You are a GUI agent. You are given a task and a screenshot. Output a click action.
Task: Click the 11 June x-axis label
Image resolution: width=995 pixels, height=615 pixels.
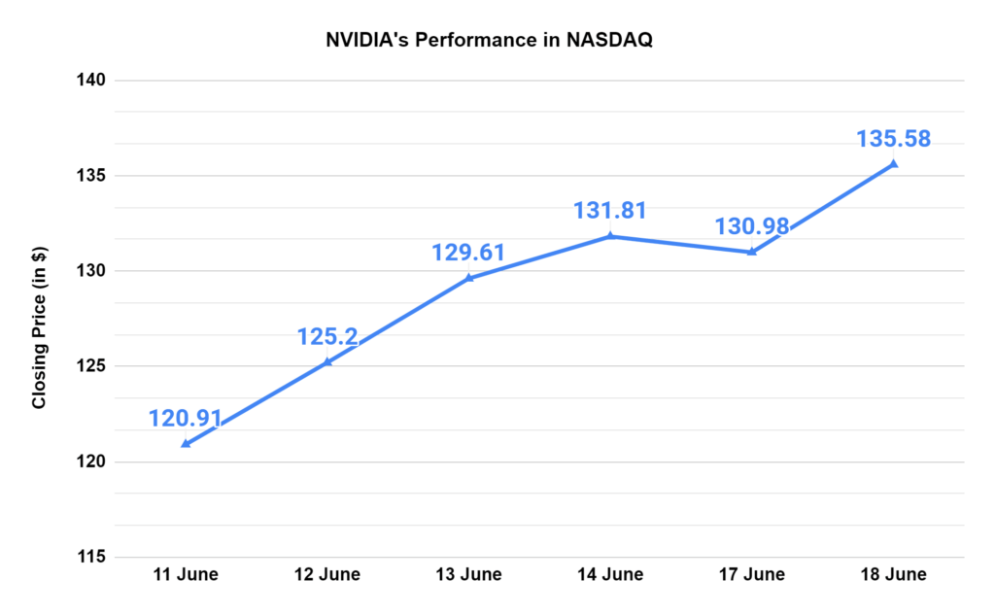click(185, 574)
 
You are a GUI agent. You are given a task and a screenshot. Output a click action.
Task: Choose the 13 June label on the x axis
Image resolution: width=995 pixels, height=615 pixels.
click(468, 574)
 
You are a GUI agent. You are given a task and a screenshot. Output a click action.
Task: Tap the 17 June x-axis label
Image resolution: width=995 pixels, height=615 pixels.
click(751, 574)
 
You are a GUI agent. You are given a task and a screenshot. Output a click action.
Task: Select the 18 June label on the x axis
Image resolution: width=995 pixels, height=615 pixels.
click(893, 574)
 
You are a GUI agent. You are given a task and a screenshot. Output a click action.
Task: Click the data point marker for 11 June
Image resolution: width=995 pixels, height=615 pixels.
click(186, 444)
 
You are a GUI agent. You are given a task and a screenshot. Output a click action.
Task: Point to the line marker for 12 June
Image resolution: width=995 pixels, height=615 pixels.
click(327, 361)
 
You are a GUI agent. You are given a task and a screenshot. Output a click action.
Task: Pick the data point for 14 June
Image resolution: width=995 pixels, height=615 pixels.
click(610, 235)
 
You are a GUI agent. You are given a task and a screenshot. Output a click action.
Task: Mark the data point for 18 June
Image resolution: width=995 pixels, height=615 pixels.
click(894, 163)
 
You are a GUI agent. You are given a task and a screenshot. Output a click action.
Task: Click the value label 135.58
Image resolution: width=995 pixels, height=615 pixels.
click(893, 138)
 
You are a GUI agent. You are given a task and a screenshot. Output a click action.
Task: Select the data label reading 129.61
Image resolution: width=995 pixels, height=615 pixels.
click(468, 253)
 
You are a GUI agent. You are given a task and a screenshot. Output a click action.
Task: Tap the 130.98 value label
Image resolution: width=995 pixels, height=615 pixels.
click(751, 226)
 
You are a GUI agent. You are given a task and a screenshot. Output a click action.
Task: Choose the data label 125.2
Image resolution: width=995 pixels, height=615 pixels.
click(327, 337)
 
